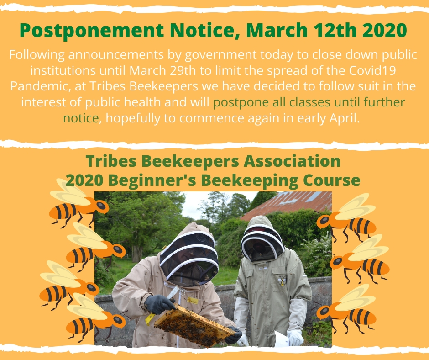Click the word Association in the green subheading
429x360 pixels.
tap(292, 161)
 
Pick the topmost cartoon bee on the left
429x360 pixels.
tap(79, 203)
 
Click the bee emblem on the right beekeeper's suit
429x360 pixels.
tap(282, 281)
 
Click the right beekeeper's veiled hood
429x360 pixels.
tap(262, 239)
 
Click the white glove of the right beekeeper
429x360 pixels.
tap(295, 337)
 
